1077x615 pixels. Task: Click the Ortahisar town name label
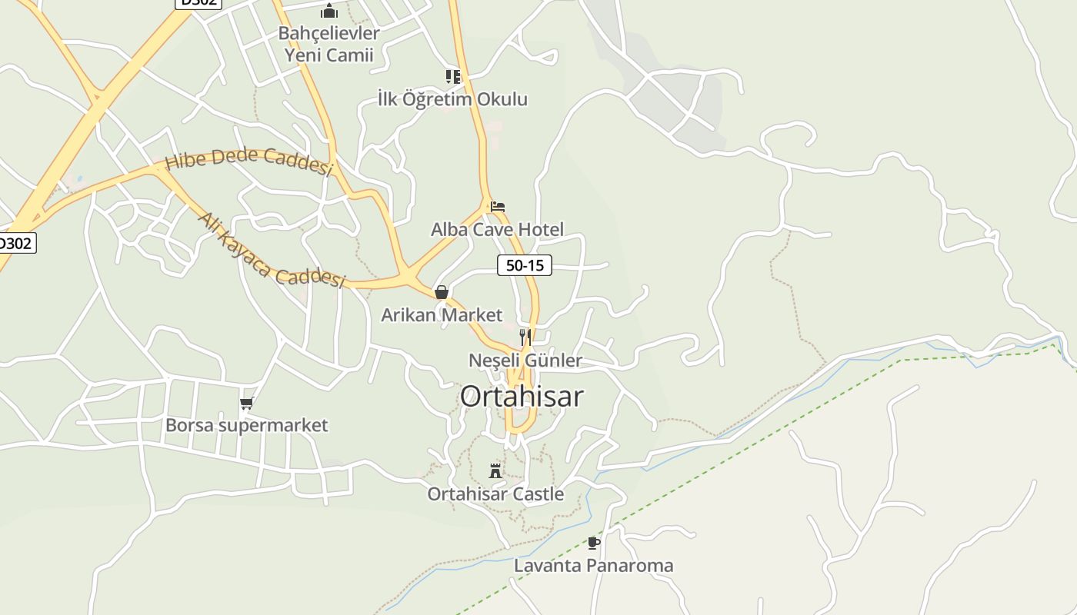522,397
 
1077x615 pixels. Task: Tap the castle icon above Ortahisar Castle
495,470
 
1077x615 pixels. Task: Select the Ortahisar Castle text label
495,494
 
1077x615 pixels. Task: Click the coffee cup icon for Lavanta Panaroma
593,543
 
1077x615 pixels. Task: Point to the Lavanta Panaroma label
593,566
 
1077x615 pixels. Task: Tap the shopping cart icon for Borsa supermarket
246,403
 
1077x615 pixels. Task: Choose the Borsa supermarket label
246,425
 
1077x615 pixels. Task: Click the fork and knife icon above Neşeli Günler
525,337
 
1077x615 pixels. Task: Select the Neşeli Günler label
525,360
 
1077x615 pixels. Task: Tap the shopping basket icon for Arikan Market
442,292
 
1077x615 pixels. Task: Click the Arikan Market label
442,315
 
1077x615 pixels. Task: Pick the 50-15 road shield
525,265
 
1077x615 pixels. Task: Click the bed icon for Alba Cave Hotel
498,206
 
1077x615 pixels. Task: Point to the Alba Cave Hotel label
497,229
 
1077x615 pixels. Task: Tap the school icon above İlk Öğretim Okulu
453,76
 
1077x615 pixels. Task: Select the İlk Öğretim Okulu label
452,99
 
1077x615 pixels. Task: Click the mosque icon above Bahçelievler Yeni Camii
329,11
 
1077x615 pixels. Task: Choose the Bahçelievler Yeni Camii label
329,44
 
